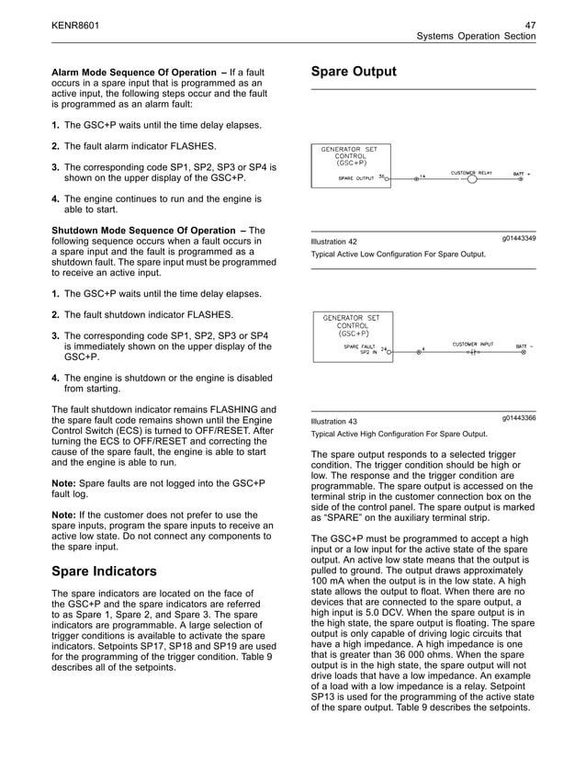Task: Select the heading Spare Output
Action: [x=354, y=72]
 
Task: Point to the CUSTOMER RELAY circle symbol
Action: [x=472, y=178]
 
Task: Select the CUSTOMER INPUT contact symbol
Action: [x=472, y=352]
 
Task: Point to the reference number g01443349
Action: [x=519, y=239]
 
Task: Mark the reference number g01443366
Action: [x=519, y=419]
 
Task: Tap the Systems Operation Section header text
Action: [x=476, y=36]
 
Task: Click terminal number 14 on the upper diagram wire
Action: [x=423, y=174]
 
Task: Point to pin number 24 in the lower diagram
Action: [x=384, y=349]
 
